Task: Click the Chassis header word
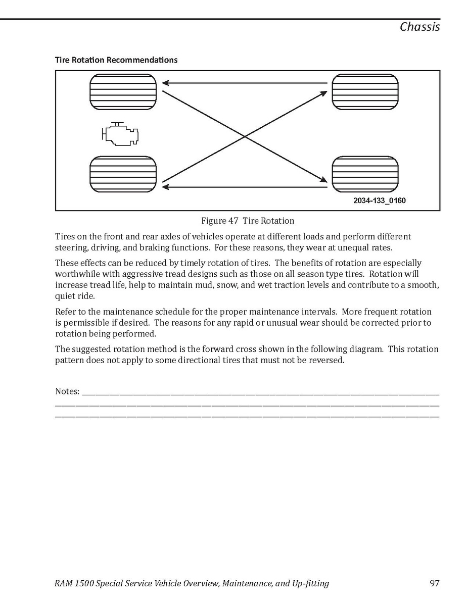tap(419, 27)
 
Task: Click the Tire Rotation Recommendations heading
tap(116, 60)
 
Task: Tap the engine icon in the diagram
tap(120, 134)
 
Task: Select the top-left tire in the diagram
tap(123, 91)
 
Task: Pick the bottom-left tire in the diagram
tap(123, 174)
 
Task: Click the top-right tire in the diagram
tap(365, 91)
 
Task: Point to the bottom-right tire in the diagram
tap(365, 174)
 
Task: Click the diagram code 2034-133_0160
tap(379, 200)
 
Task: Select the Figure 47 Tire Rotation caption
tap(248, 221)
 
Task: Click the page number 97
tap(434, 583)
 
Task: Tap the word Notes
tap(67, 391)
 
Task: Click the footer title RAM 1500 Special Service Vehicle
tap(136, 583)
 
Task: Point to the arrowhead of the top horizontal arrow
tap(165, 83)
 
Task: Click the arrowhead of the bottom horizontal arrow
tap(165, 187)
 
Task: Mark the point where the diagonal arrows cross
tap(245, 136)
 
